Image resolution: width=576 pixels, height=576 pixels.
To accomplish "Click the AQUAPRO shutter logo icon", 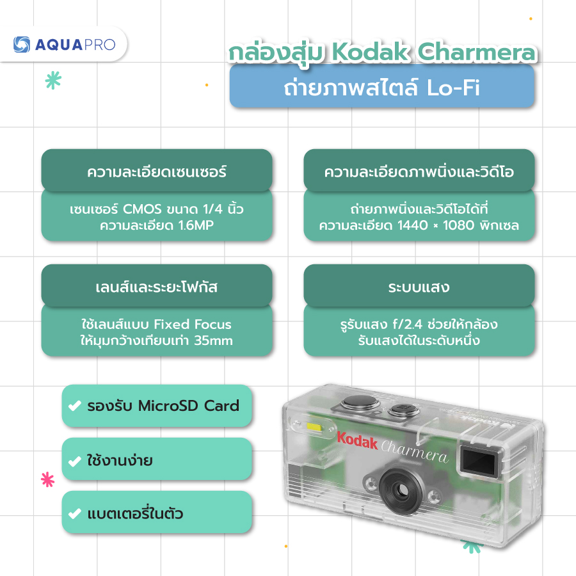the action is [22, 44].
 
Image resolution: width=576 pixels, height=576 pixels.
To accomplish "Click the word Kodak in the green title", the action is [371, 52].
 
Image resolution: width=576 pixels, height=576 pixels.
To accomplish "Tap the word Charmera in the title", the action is [477, 52].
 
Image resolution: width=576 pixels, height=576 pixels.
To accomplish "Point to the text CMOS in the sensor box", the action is [142, 209].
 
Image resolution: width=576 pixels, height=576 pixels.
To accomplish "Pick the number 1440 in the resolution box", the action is [413, 225].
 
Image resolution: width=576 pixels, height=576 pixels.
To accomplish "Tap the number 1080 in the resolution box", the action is [458, 225].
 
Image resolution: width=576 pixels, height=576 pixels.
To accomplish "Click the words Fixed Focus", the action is [193, 324].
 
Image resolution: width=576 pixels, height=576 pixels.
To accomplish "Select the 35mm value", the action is [213, 340].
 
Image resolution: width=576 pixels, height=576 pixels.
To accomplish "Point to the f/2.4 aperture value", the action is [408, 324].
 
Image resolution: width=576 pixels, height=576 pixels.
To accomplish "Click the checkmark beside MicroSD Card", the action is [75, 406].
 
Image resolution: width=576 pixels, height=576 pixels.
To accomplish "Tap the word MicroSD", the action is [168, 406].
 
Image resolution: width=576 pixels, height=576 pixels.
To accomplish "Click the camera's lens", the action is [401, 488].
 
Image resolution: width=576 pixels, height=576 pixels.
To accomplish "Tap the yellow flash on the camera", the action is [314, 427].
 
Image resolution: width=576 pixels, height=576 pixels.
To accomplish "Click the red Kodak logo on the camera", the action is [357, 441].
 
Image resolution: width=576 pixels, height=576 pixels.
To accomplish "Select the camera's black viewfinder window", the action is [479, 461].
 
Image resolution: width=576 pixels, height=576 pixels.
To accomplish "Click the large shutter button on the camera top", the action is [360, 403].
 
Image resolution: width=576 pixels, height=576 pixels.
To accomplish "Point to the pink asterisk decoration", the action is [48, 479].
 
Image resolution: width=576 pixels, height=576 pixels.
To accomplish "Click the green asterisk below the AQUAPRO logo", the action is [53, 80].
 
